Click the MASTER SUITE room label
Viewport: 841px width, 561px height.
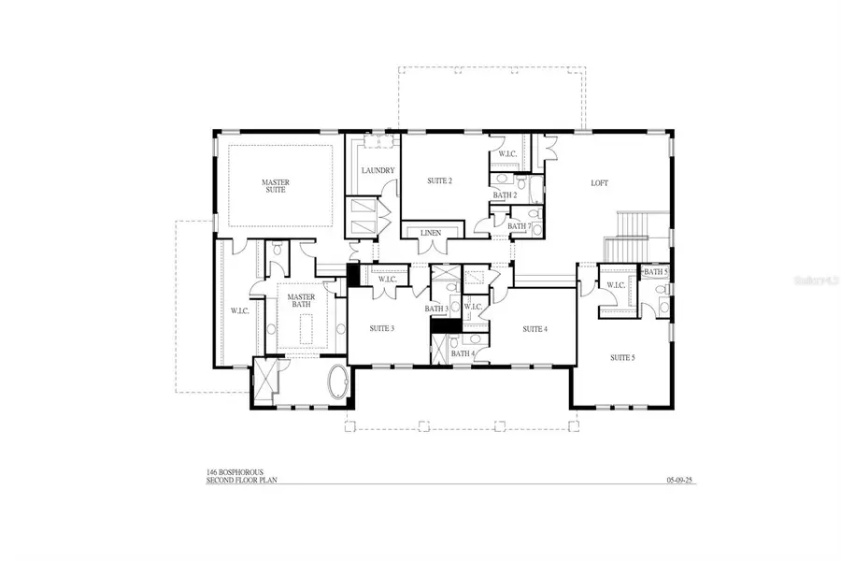click(274, 185)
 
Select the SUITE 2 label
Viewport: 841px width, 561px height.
click(440, 180)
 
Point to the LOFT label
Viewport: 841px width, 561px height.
click(599, 183)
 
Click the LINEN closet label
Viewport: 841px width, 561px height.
click(431, 232)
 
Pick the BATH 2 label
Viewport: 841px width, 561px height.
click(506, 195)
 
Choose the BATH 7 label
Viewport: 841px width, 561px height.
click(519, 225)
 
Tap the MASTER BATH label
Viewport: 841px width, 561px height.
click(301, 302)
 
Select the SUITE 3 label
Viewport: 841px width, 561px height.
click(381, 328)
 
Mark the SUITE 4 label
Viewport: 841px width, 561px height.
click(535, 329)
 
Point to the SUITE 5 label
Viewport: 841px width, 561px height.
click(622, 357)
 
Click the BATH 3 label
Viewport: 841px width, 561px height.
click(437, 309)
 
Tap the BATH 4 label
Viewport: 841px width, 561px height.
click(462, 353)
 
